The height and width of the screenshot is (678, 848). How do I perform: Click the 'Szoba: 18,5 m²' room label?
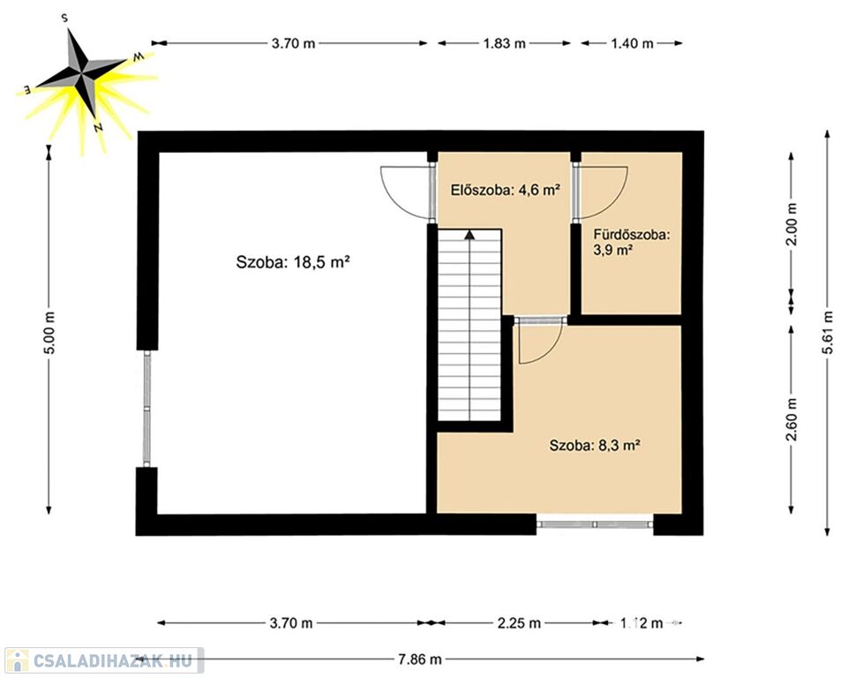pyautogui.click(x=293, y=262)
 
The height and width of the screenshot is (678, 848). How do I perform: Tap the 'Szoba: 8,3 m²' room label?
pyautogui.click(x=595, y=445)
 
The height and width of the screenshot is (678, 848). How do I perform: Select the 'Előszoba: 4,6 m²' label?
pyautogui.click(x=505, y=190)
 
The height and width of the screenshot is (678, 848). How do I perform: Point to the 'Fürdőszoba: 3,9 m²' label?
pyautogui.click(x=632, y=242)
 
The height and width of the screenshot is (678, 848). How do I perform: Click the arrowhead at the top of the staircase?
pyautogui.click(x=469, y=234)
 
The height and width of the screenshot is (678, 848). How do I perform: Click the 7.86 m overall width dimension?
pyautogui.click(x=420, y=659)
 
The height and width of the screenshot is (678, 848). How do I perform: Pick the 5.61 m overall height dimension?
pyautogui.click(x=827, y=333)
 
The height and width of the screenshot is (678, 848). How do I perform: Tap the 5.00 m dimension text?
pyautogui.click(x=49, y=333)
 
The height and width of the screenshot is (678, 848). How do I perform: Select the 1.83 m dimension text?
pyautogui.click(x=504, y=43)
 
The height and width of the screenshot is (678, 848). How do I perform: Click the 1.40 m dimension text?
pyautogui.click(x=632, y=43)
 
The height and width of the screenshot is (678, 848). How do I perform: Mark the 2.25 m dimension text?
pyautogui.click(x=519, y=622)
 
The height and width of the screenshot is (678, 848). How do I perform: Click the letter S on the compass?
pyautogui.click(x=65, y=18)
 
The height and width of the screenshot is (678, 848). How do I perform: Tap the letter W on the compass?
pyautogui.click(x=139, y=56)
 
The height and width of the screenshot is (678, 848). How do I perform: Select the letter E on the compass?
pyautogui.click(x=26, y=88)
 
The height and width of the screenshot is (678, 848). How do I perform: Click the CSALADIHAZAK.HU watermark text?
pyautogui.click(x=112, y=660)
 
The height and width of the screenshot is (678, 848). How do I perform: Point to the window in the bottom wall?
pyautogui.click(x=595, y=524)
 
